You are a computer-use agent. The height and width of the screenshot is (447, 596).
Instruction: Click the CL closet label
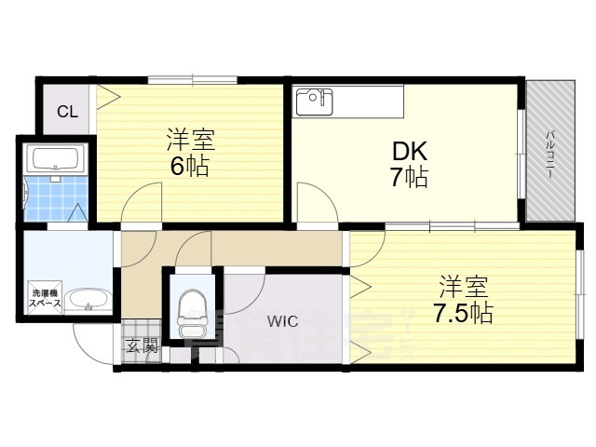[x=67, y=113]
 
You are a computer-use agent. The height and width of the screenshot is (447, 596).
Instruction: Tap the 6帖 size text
[x=190, y=168]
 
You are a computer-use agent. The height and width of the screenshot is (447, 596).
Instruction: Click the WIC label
[x=282, y=322]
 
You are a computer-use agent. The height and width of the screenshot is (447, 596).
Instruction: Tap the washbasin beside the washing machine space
[x=88, y=301]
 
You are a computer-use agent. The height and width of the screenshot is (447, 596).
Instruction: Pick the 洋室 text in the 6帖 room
[x=191, y=141]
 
